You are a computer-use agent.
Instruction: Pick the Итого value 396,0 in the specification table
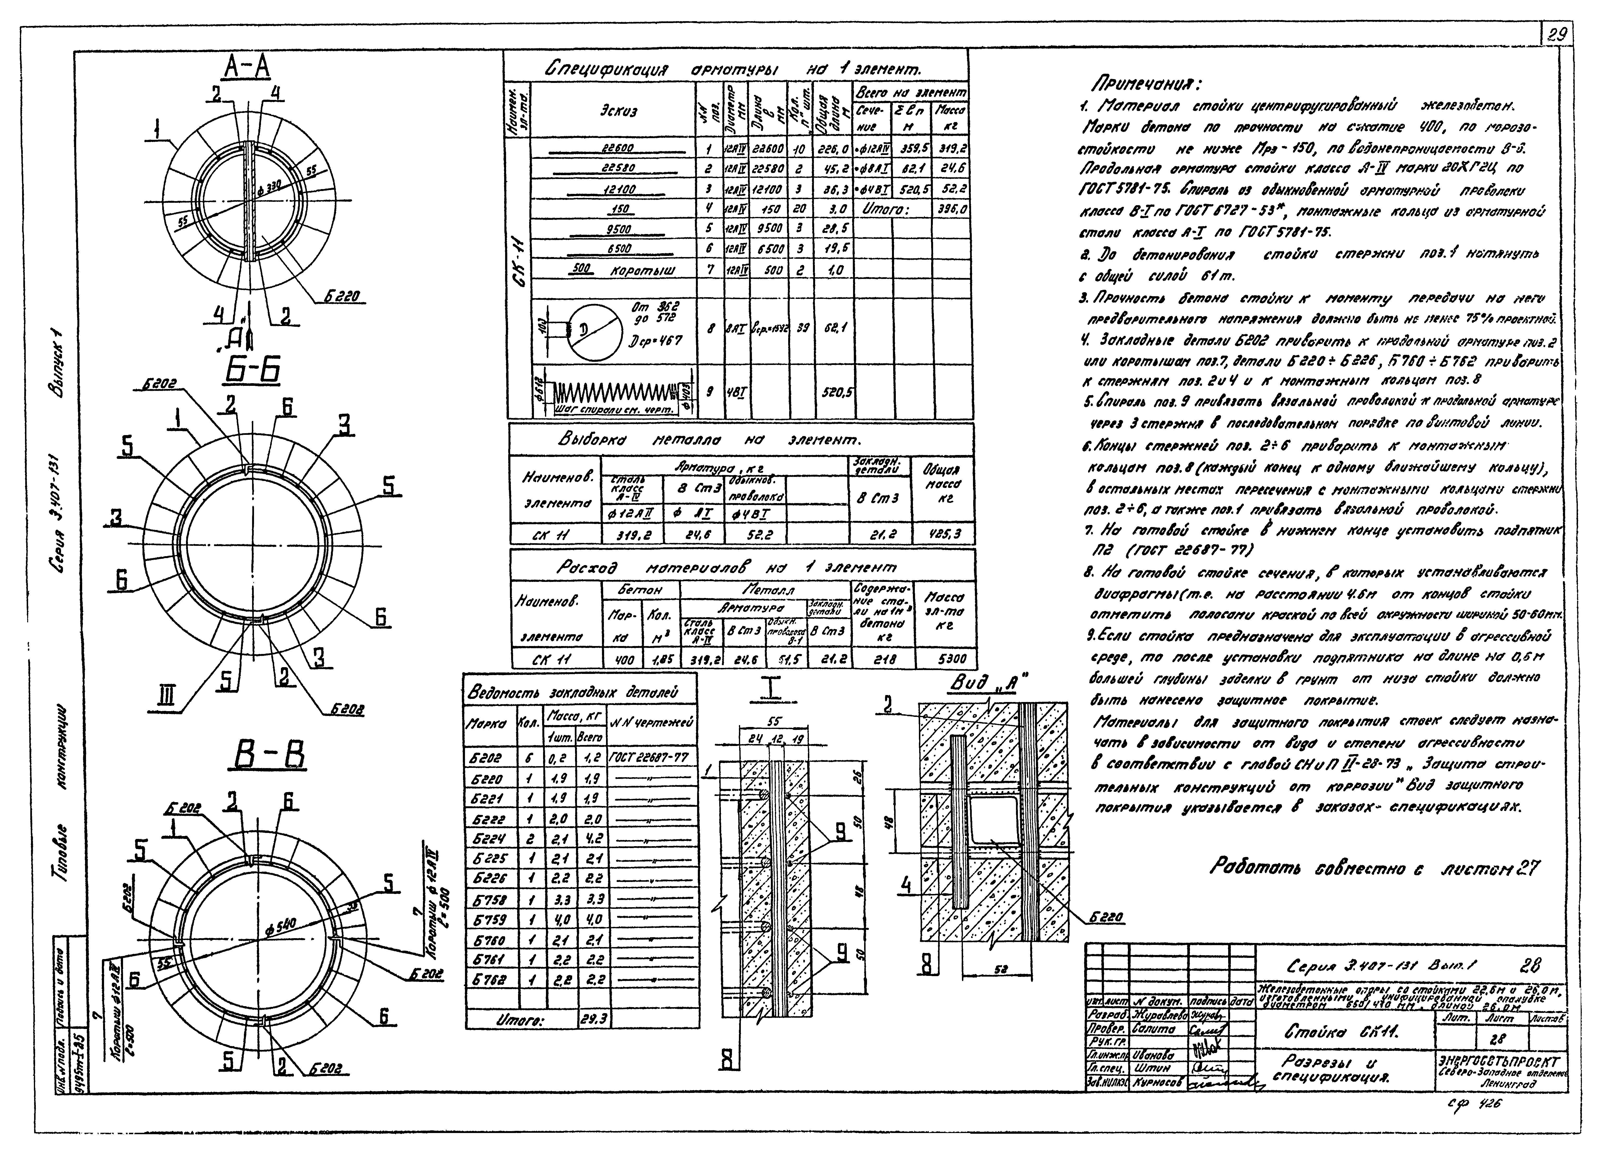[951, 210]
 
